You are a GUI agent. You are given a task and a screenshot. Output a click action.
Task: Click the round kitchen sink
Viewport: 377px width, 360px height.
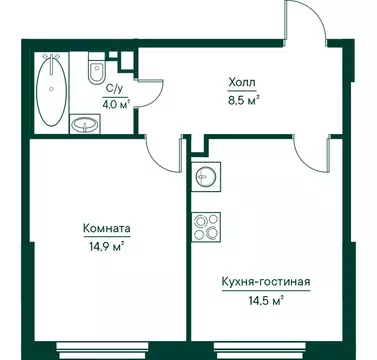point(207,176)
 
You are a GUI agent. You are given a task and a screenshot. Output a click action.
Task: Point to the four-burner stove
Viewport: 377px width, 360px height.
point(206,227)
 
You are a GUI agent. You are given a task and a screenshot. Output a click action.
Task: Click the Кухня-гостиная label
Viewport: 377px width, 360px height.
point(266,283)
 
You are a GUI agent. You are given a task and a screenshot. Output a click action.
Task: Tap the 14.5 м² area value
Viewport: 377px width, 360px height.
point(266,298)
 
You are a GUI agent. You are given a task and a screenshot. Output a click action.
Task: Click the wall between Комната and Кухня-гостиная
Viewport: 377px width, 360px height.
point(188,260)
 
